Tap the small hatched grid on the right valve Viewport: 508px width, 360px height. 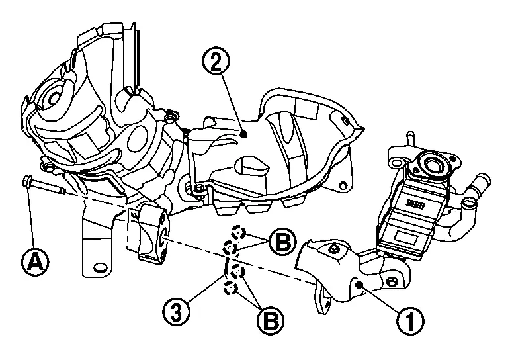[417, 202]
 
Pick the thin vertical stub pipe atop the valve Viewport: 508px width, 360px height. [409, 140]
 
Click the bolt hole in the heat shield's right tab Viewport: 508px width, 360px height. [342, 183]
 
